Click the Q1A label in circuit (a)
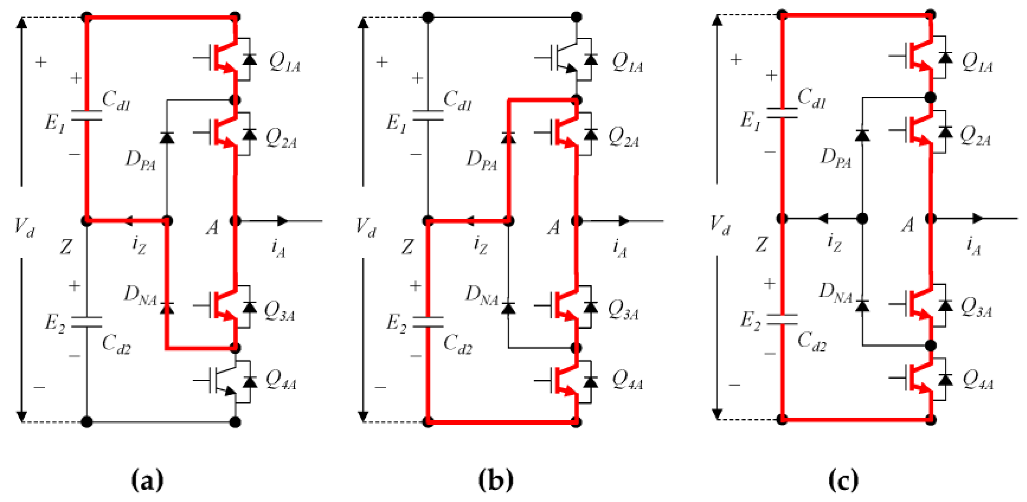284,63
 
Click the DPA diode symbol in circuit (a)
167,138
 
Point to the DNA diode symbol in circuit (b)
508,308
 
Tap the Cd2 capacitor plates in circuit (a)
86,322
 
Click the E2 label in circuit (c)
750,321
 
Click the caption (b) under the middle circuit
496,480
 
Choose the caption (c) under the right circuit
843,480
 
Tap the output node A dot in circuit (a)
235,220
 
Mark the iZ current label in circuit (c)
834,243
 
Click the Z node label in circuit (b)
406,247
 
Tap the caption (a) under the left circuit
147,480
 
